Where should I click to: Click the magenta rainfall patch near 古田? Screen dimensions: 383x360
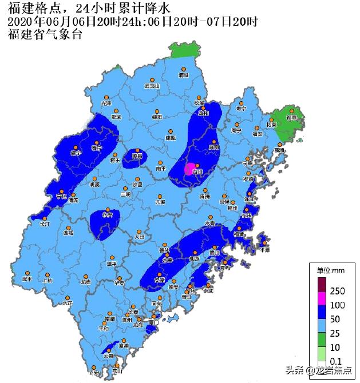click(189, 169)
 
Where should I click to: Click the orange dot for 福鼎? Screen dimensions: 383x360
click(291, 111)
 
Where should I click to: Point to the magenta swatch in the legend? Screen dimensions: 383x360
click(322, 298)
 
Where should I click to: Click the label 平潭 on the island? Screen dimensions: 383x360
click(264, 250)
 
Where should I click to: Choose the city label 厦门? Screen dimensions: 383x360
click(153, 322)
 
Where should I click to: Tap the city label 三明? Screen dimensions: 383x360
click(125, 194)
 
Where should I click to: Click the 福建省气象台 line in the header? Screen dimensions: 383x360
click(45, 34)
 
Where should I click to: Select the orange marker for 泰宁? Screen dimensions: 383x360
click(97, 142)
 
